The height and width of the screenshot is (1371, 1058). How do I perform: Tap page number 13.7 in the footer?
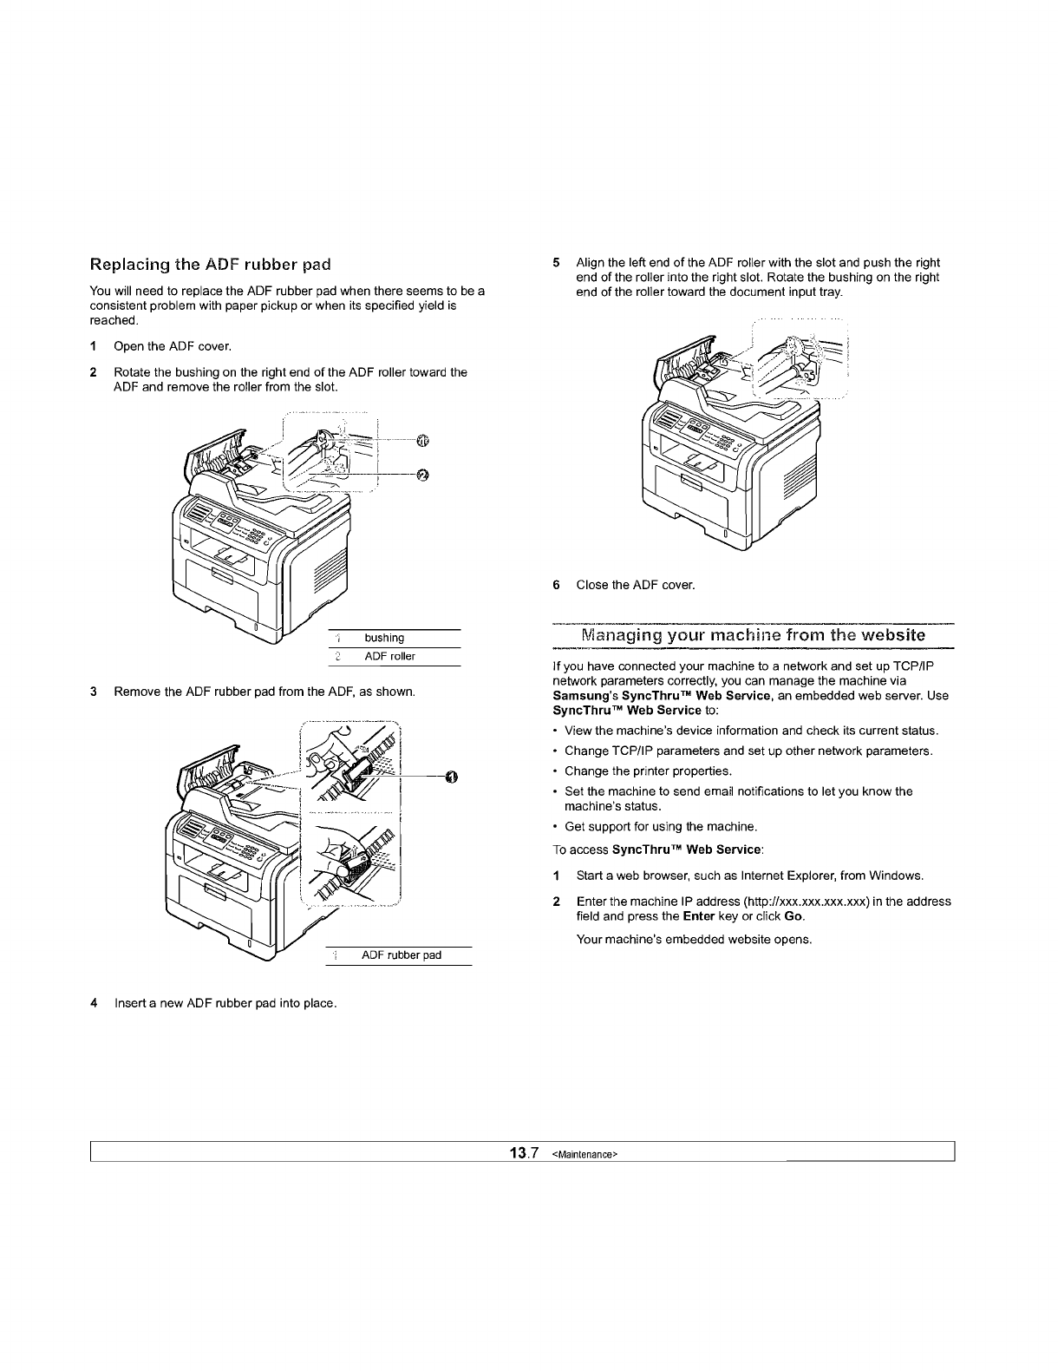pos(525,1153)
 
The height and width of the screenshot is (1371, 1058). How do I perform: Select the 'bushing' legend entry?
pos(384,638)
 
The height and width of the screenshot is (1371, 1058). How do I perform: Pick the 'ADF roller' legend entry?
pos(389,657)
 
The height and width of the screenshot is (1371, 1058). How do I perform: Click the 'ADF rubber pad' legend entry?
pos(401,955)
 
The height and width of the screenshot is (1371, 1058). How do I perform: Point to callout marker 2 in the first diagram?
pos(422,474)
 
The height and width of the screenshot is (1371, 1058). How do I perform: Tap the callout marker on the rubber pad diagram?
pos(451,776)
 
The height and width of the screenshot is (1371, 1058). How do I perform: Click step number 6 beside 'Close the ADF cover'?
pos(556,585)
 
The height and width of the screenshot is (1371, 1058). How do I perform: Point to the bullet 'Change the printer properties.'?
pos(648,771)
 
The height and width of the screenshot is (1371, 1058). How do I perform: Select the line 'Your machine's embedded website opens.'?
pos(694,940)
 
